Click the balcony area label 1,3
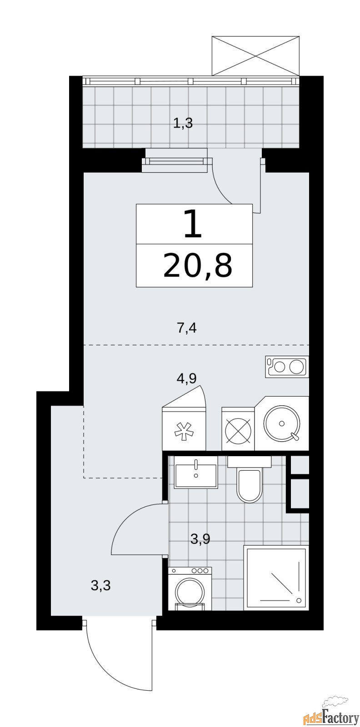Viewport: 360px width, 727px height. (183, 123)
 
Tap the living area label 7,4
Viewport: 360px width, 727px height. (187, 329)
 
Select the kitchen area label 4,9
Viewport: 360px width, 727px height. (187, 378)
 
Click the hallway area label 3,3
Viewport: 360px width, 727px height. (101, 586)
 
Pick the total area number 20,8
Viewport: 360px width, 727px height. (198, 266)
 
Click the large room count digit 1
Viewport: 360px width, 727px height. (193, 224)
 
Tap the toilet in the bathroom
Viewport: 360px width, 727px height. (249, 479)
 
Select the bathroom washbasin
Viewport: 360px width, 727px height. (196, 472)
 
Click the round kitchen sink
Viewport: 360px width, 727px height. (282, 423)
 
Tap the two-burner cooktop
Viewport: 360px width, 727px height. (287, 367)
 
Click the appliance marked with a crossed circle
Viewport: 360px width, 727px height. (238, 429)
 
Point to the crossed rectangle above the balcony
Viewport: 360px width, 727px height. (255, 56)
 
